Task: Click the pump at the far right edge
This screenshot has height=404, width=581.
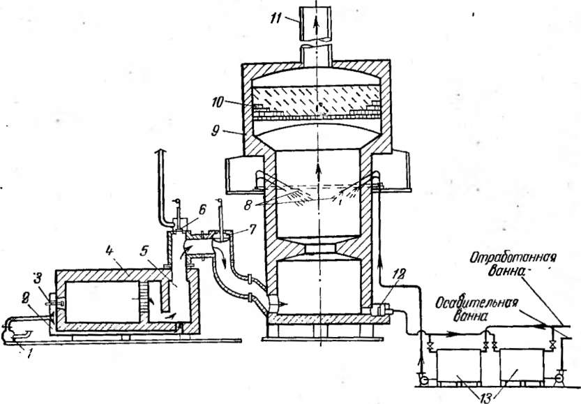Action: [x=558, y=381]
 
